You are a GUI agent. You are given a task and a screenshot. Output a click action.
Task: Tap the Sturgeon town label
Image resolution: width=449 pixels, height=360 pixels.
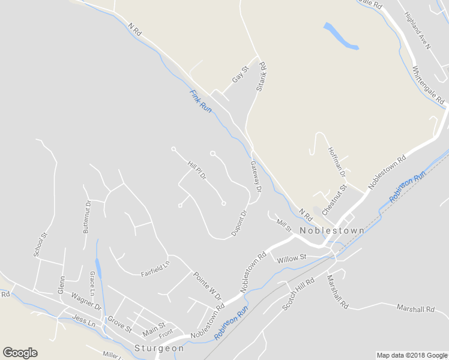point(159,349)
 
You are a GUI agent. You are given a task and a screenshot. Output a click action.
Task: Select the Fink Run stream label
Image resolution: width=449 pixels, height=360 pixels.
point(201,101)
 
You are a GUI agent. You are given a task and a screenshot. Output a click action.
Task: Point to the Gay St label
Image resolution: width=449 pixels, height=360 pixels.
point(240,75)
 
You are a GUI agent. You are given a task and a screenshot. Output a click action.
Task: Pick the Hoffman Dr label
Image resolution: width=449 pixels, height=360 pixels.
point(337,161)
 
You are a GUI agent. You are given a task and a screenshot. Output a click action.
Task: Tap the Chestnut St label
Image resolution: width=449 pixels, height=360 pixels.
point(335,200)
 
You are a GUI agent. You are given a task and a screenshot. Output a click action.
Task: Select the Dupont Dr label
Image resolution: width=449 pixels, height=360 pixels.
point(240,223)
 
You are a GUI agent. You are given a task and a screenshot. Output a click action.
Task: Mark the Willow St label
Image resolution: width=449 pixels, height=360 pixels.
point(292,258)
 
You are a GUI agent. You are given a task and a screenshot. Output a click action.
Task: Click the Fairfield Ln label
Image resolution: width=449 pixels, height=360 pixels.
point(155,268)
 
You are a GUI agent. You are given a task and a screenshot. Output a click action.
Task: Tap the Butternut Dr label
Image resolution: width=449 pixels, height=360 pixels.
point(88,216)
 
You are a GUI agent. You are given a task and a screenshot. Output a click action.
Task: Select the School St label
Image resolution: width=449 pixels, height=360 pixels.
point(41,244)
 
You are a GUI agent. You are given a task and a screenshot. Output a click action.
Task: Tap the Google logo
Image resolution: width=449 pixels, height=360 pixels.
point(20,353)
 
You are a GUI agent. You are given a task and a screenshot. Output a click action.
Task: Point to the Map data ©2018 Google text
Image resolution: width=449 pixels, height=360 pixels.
point(412,355)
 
